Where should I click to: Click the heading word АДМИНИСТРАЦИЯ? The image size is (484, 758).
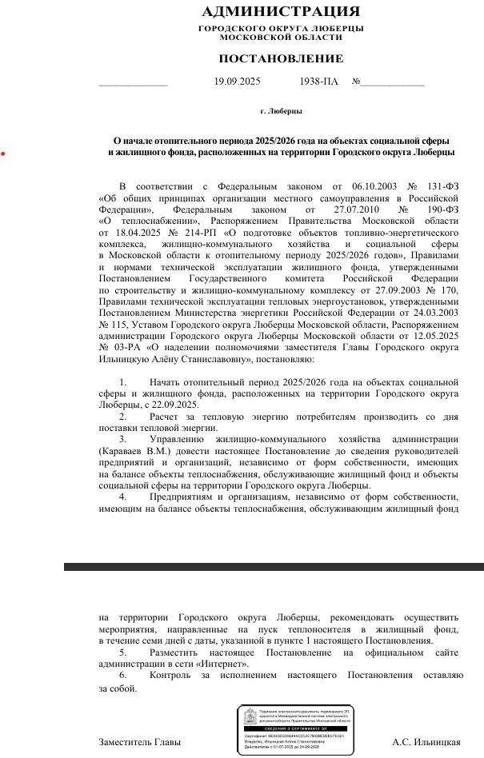click(x=281, y=12)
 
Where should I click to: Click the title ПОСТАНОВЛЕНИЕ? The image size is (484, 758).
click(x=281, y=58)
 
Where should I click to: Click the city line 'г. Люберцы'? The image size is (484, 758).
click(x=281, y=111)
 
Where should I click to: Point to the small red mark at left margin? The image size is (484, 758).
click(x=3, y=153)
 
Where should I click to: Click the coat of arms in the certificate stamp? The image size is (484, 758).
click(x=250, y=716)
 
